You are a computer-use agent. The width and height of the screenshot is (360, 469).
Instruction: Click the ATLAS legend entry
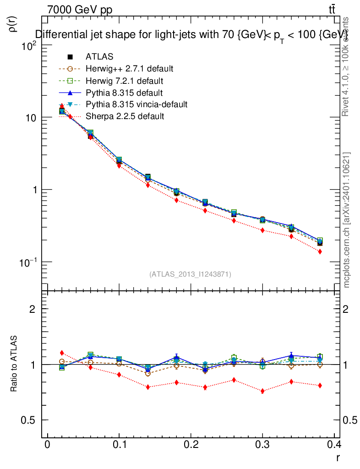[x=99, y=57]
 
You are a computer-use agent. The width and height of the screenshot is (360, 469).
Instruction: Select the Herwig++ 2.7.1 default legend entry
[x=129, y=69]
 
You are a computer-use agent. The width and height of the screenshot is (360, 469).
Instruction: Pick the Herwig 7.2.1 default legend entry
[x=124, y=81]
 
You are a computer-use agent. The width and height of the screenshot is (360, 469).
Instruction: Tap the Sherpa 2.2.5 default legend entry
[x=125, y=116]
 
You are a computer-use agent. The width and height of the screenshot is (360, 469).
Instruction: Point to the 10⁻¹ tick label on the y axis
[x=28, y=262]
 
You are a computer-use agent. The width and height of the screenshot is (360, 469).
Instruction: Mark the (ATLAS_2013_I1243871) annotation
[x=190, y=274]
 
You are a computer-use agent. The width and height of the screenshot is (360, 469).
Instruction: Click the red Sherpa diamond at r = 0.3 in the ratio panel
[x=262, y=391]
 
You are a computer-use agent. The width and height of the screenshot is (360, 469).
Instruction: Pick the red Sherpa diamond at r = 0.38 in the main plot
[x=320, y=251]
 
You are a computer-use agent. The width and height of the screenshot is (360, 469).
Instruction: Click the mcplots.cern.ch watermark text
[x=347, y=220]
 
